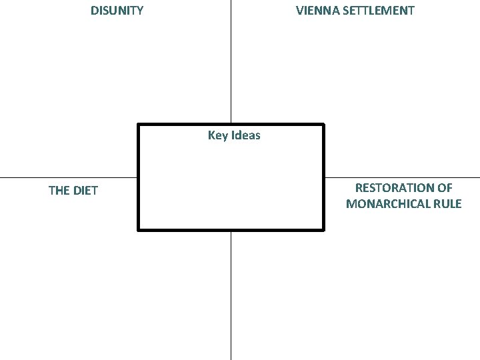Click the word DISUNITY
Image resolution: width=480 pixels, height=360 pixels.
pos(117,11)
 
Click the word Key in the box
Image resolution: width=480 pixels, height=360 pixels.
pos(217,135)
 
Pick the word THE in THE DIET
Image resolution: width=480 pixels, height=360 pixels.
pos(59,191)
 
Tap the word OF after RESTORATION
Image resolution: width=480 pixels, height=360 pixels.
pos(445,188)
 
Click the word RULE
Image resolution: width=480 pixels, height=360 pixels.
pos(447,204)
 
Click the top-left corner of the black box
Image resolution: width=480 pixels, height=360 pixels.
pos(138,124)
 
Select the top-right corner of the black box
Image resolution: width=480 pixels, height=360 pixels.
pos(323,124)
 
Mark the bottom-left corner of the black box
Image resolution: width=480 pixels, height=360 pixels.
pos(138,230)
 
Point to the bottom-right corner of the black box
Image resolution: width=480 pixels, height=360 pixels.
pos(323,230)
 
